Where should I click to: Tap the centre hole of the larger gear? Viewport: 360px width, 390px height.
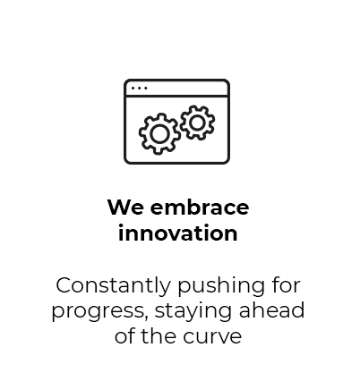click(x=159, y=134)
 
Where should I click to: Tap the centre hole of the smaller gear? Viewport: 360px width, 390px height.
click(x=197, y=123)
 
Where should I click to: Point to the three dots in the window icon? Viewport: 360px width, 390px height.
click(x=140, y=89)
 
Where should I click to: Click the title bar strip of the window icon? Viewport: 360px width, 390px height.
click(x=176, y=88)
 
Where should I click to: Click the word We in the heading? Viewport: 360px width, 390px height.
click(x=125, y=208)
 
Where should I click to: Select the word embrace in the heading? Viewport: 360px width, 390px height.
click(x=200, y=207)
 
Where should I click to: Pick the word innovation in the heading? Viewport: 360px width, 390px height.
click(x=178, y=233)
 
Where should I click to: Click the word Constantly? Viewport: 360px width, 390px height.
click(x=113, y=286)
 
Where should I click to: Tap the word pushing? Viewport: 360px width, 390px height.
click(x=221, y=287)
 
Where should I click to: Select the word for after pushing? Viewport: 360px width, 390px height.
click(x=286, y=285)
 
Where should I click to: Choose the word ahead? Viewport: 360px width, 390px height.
click(x=271, y=310)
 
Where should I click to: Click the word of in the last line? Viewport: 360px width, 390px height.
click(x=124, y=335)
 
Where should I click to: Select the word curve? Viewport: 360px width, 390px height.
click(x=212, y=337)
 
